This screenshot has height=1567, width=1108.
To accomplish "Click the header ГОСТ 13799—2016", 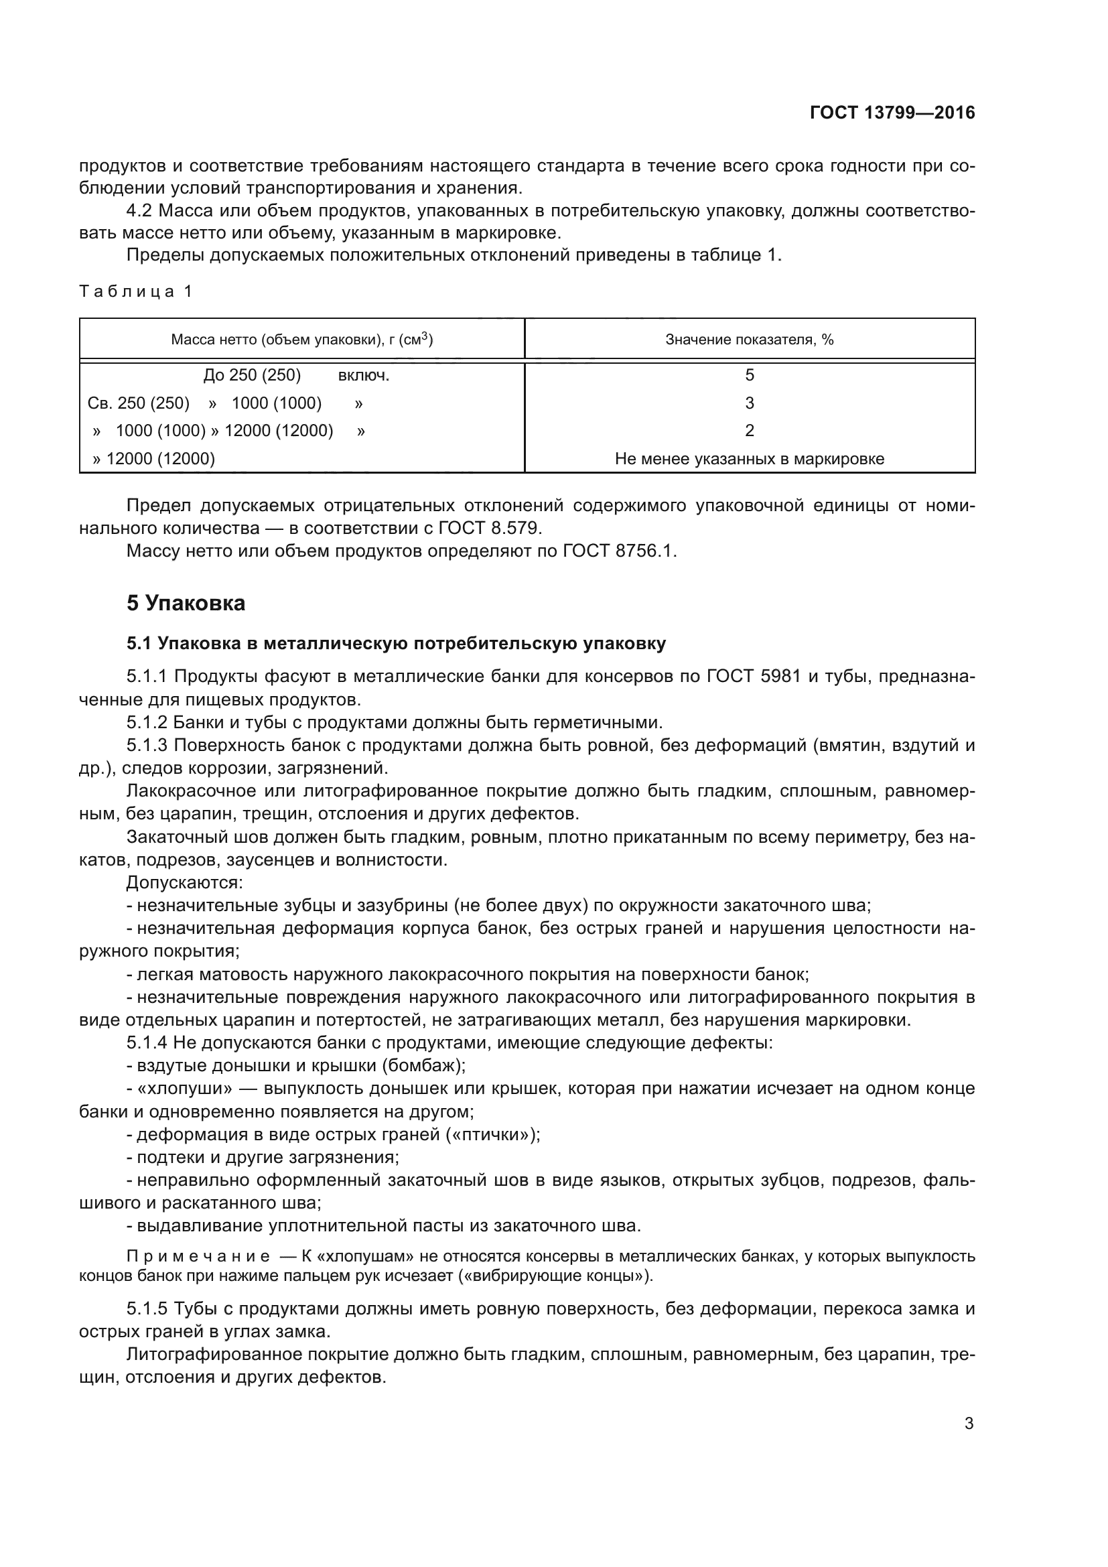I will (x=892, y=113).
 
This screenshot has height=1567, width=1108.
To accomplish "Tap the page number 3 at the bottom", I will (x=969, y=1424).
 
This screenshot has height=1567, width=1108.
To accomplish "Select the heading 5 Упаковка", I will (x=186, y=604).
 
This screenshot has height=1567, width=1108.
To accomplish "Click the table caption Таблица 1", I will (x=136, y=291).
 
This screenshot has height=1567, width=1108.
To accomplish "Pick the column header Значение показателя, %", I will (x=749, y=339).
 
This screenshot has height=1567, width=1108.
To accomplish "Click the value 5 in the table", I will (x=749, y=374).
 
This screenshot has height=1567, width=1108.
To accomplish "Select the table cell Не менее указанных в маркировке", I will (x=749, y=459).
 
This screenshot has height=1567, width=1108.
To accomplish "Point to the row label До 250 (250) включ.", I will (x=296, y=375).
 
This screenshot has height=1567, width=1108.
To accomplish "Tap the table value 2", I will (x=749, y=431).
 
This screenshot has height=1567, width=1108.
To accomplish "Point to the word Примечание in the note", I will (x=198, y=1256).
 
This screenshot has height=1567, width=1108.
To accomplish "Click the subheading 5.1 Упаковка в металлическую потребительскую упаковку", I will (x=396, y=644).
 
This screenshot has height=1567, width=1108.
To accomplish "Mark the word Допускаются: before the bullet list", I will (x=184, y=882).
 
